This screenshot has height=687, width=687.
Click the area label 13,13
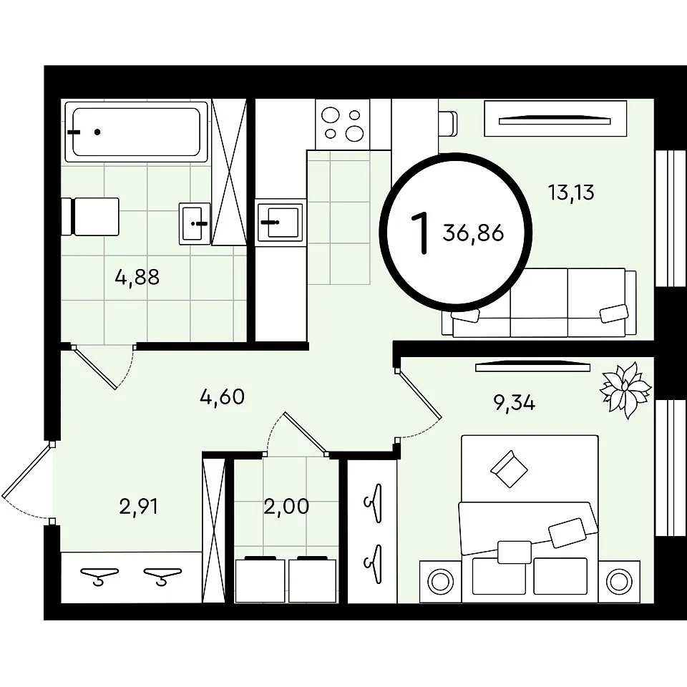click(x=571, y=193)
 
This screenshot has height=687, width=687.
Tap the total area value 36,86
click(x=473, y=233)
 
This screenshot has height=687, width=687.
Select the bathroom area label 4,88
click(x=137, y=278)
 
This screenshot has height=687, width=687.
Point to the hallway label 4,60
click(x=222, y=397)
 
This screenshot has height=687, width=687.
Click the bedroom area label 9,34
click(x=515, y=403)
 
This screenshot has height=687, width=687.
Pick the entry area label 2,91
click(x=138, y=507)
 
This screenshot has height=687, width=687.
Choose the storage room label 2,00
click(x=286, y=507)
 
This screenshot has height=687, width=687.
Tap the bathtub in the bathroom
click(x=136, y=132)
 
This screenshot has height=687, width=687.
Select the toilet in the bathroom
click(x=90, y=216)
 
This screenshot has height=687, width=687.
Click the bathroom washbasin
click(x=194, y=223)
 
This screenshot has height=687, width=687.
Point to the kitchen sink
click(x=280, y=222)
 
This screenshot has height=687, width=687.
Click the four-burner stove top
click(x=343, y=125)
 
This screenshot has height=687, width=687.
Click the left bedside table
click(x=440, y=581)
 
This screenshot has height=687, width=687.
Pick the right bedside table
click(x=618, y=581)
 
